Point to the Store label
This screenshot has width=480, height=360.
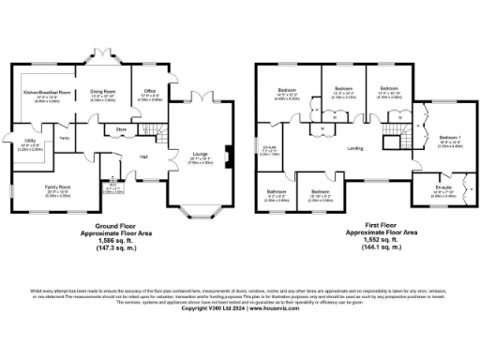(x=121, y=128)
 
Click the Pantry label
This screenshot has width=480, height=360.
(x=65, y=139)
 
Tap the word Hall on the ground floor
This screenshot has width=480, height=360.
(x=144, y=156)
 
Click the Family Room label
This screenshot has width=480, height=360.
(x=57, y=190)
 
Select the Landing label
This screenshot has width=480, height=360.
(x=355, y=147)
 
